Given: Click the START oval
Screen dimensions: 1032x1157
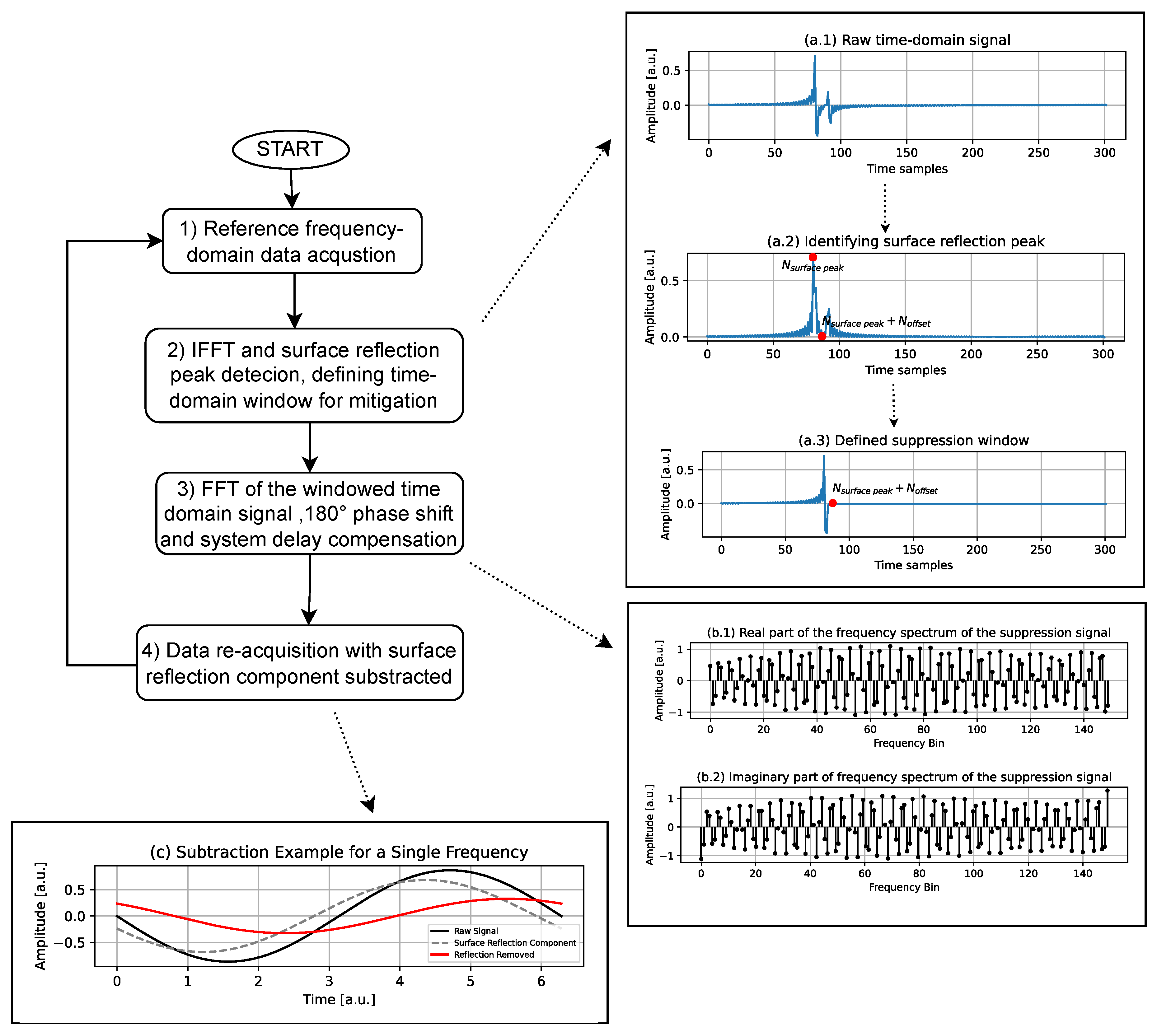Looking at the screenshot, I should coord(290,149).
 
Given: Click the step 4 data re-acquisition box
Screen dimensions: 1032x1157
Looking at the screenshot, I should coord(299,663).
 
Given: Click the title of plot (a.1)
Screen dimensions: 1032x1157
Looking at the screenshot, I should coord(907,40).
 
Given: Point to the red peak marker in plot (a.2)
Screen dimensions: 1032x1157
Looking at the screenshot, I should coord(813,257).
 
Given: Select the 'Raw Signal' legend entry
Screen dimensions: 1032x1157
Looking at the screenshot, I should coord(475,931).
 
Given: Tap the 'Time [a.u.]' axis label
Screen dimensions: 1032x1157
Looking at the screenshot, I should coord(339,999).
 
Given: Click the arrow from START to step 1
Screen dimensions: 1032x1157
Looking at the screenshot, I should coord(292,189).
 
